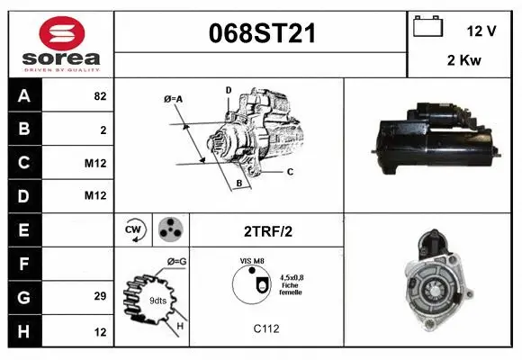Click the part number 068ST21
tap(261, 32)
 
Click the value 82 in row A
tap(100, 96)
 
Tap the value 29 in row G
tap(100, 295)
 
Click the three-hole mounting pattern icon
tap(169, 229)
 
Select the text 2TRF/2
tap(268, 230)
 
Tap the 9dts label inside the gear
tap(157, 300)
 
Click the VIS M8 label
tap(251, 260)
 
